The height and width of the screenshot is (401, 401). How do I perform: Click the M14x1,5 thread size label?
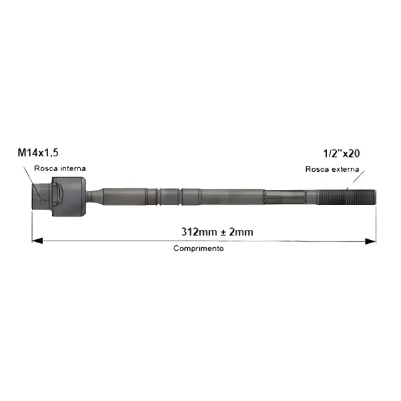[x=38, y=152]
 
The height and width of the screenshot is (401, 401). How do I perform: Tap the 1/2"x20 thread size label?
[x=342, y=154]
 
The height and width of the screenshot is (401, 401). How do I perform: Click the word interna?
[x=73, y=168]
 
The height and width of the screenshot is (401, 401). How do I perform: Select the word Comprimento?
[x=198, y=249]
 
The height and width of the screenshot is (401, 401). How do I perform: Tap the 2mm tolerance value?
[x=241, y=232]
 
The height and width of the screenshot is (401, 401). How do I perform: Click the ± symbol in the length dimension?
[x=223, y=232]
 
